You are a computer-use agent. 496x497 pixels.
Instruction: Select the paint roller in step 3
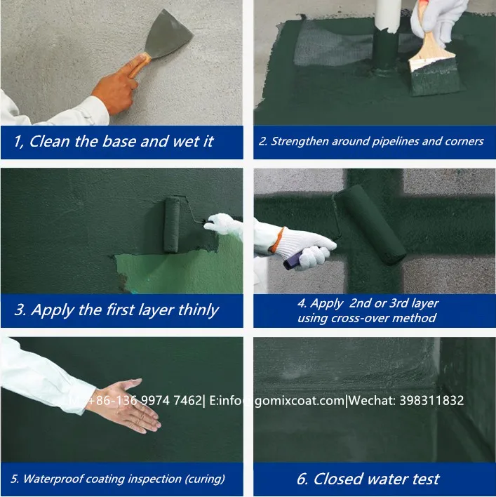pos(172,224)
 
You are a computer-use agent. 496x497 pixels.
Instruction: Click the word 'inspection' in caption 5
pos(152,479)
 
